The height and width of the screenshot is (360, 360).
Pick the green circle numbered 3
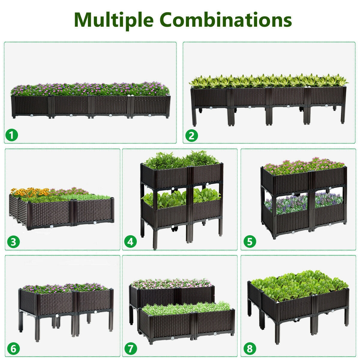point(13,242)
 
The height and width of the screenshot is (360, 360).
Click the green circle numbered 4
point(130,242)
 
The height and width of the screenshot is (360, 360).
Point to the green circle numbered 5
point(250,242)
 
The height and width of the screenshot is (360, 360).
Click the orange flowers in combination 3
point(30,192)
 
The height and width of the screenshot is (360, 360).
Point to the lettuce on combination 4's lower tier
point(180,196)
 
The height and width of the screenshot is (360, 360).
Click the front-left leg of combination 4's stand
point(155,237)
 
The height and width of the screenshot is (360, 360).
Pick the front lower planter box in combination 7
point(186,322)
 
